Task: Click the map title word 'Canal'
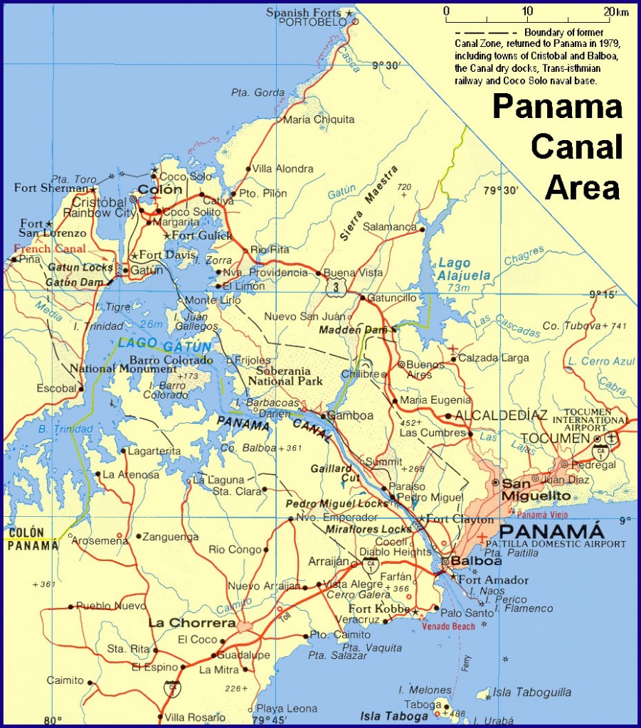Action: tap(576, 147)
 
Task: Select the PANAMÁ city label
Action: tap(552, 531)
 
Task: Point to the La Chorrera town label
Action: tap(191, 623)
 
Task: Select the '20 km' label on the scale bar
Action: tap(616, 12)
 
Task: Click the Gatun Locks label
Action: tap(80, 268)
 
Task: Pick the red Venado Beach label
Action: tap(447, 626)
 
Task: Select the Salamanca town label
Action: tap(389, 227)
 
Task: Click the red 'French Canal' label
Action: tap(50, 249)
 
